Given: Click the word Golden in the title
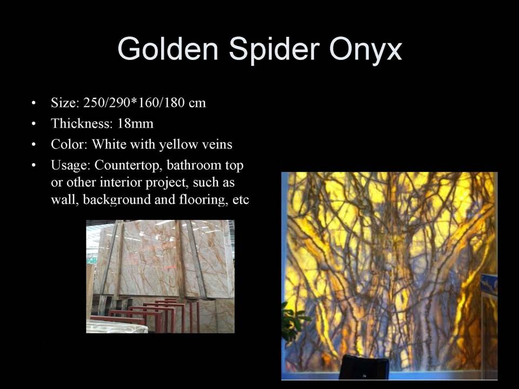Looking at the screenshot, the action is [168, 49].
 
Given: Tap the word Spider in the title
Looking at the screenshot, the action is [274, 50].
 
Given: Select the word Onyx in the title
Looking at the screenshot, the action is [365, 50].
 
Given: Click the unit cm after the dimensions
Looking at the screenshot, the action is [197, 104].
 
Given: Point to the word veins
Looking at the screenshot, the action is [217, 145].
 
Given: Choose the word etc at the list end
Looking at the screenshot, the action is [241, 200].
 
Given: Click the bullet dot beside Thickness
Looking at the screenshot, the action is [34, 124].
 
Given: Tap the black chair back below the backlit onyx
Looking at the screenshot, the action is [364, 367].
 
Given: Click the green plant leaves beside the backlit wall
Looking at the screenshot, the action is [293, 323].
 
